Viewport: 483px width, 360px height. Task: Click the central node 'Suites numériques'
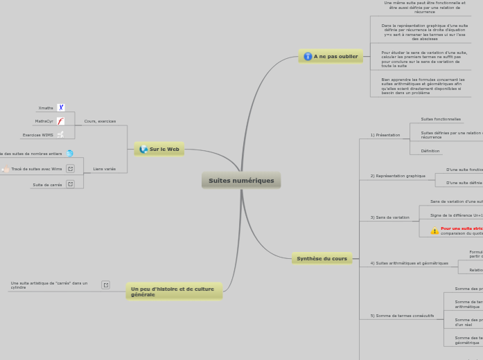click(x=241, y=181)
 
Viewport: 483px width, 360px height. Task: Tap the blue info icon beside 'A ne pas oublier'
click(x=308, y=56)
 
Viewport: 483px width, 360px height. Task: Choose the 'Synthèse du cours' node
click(x=322, y=258)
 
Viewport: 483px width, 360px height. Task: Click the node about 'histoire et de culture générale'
click(x=174, y=291)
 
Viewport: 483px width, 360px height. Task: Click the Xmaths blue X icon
click(x=61, y=108)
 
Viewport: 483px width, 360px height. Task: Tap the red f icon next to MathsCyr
click(x=60, y=121)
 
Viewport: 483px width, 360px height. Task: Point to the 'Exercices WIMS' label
click(x=37, y=135)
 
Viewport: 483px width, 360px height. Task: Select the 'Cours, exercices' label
click(x=100, y=121)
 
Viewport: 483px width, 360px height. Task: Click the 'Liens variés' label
click(x=104, y=169)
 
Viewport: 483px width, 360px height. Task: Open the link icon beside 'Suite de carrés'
click(x=70, y=185)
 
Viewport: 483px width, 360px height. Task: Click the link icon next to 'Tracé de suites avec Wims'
click(x=70, y=169)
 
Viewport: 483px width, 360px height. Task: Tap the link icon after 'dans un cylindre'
click(x=105, y=285)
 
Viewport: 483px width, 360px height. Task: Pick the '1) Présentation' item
click(x=385, y=135)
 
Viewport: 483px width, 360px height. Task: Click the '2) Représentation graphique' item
click(x=398, y=176)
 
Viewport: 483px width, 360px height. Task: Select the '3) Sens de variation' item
click(x=389, y=217)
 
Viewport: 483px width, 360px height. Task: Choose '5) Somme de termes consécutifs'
click(x=402, y=316)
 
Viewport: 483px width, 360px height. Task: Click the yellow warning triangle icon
click(x=434, y=231)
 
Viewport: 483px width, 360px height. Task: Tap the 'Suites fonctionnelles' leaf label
click(x=441, y=119)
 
